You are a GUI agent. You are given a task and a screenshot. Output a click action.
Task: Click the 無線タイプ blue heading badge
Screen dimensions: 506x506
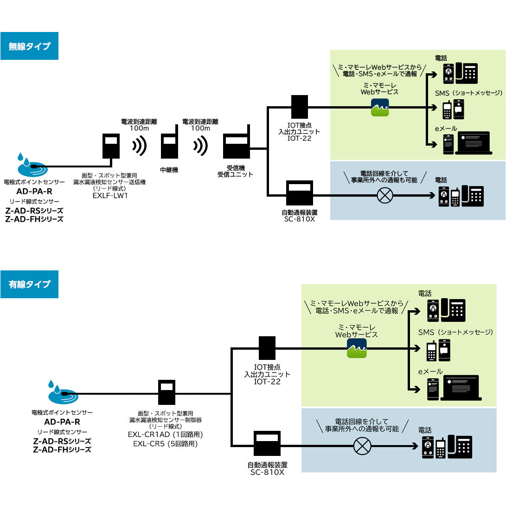click(x=29, y=46)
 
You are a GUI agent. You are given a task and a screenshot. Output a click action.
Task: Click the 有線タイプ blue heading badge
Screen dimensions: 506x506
click(x=29, y=284)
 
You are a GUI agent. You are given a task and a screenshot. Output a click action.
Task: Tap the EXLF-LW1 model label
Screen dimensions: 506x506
click(x=109, y=195)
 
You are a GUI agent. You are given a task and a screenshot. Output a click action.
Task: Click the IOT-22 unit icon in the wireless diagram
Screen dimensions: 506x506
click(x=300, y=107)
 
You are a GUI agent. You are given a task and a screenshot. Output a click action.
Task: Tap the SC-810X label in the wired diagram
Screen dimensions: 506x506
click(x=267, y=471)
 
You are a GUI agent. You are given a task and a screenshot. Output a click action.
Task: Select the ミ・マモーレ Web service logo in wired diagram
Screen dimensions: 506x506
click(x=357, y=348)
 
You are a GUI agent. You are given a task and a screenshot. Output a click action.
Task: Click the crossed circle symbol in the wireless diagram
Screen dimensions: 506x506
click(x=385, y=195)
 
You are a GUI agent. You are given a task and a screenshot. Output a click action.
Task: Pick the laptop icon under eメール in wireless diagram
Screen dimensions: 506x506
click(x=473, y=142)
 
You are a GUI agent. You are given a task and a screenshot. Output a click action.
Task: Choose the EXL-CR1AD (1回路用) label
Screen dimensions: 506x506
click(x=166, y=435)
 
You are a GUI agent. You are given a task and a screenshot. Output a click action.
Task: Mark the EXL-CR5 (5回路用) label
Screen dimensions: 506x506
click(x=166, y=443)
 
